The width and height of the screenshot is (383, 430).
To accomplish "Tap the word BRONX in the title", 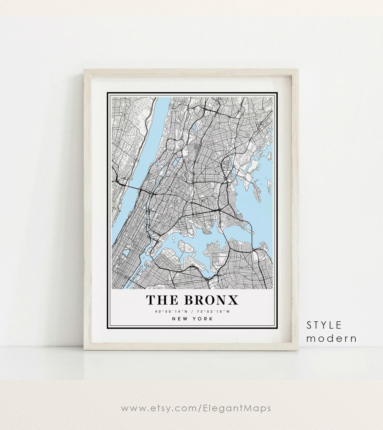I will [211, 300].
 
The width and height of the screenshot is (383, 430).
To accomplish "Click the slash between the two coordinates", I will [192, 312].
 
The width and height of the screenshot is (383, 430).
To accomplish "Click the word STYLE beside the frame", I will [324, 325].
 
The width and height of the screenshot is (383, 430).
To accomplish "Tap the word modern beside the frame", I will [331, 338].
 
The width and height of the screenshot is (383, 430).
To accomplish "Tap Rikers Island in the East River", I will [185, 247].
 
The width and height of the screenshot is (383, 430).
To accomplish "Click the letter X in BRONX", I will [232, 300].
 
